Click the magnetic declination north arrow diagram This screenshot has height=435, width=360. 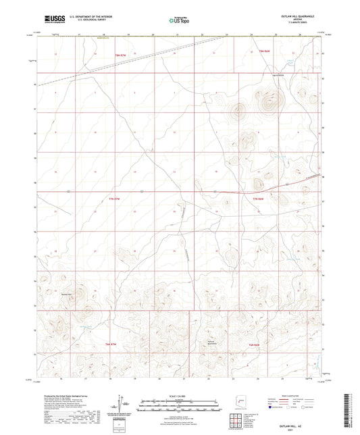click(122, 405)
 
